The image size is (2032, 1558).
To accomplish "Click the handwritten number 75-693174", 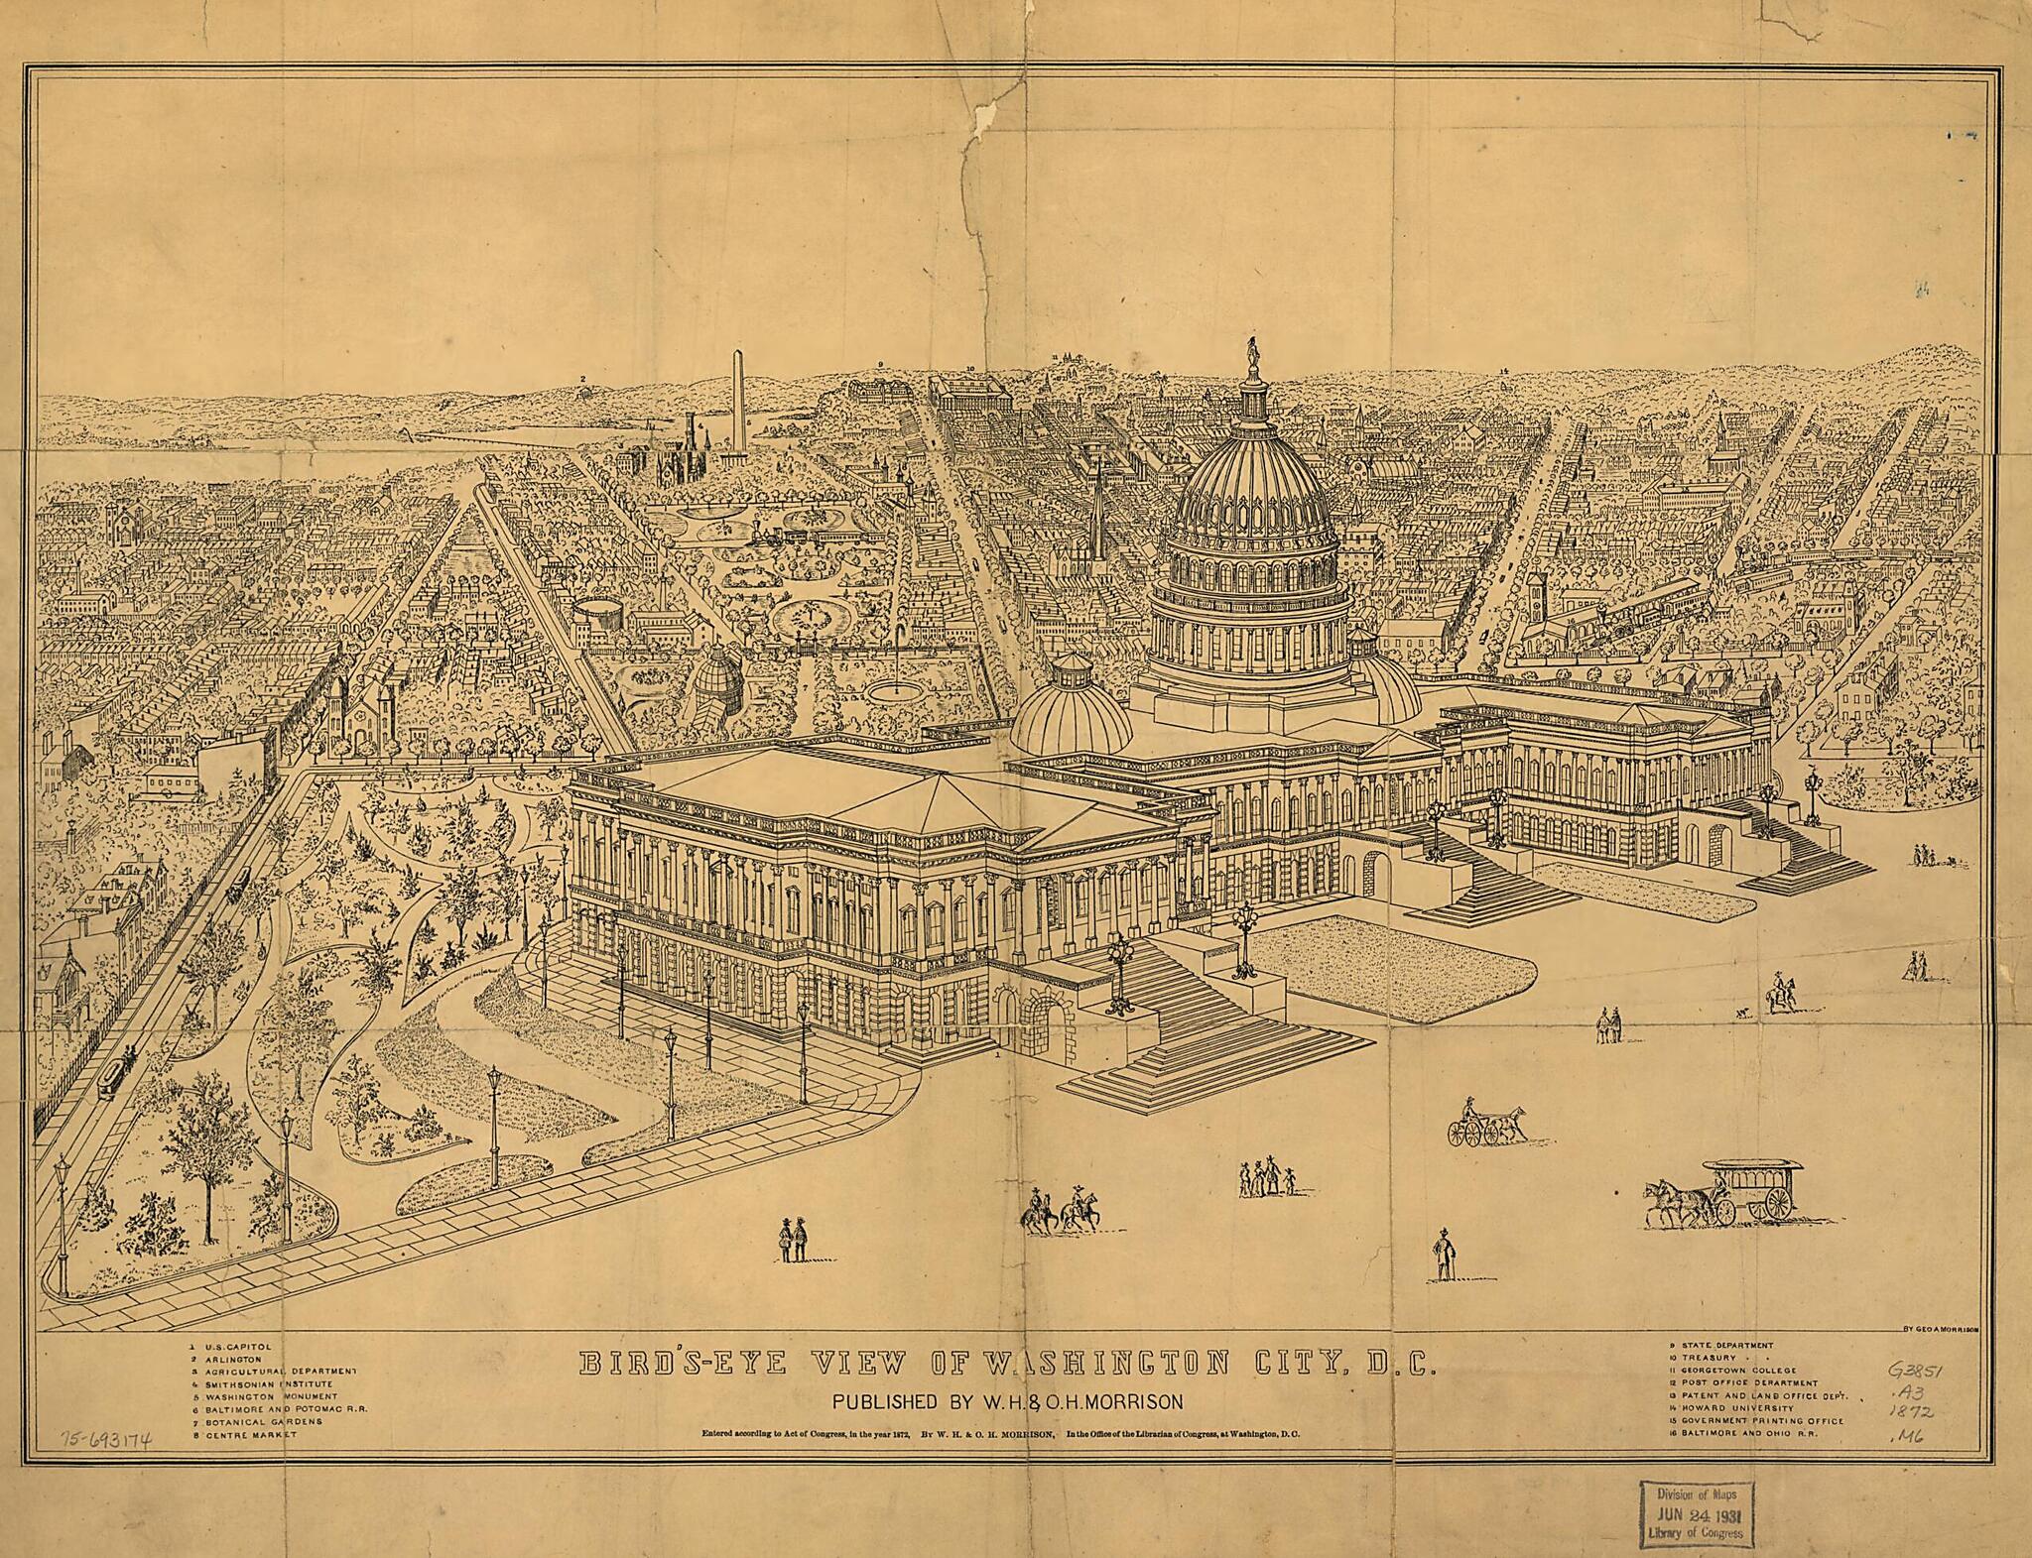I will [104, 1441].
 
